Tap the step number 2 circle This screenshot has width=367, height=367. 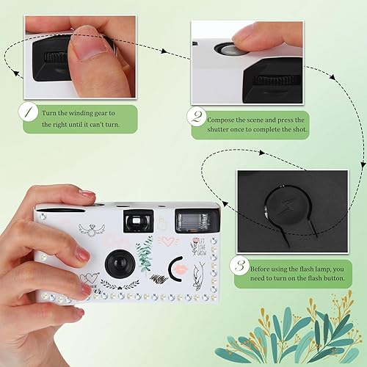tap(195, 117)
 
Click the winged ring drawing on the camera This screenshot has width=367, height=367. tap(91, 228)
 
